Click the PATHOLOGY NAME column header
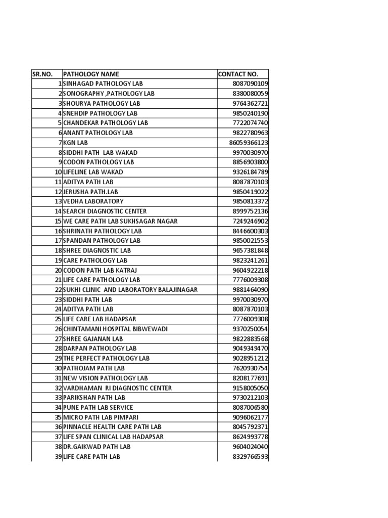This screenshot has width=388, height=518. click(x=91, y=74)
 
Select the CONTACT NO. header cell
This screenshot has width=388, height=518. click(x=238, y=74)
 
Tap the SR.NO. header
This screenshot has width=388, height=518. click(x=42, y=74)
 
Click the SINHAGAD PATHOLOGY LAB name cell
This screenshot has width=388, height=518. click(x=103, y=84)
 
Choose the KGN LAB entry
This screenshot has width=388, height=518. click(x=76, y=143)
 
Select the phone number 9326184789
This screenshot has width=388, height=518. click(x=251, y=172)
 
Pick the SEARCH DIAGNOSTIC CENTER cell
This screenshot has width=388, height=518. click(x=105, y=211)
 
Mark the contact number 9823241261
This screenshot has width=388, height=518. click(x=251, y=261)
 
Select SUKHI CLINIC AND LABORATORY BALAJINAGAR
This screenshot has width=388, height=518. click(x=130, y=290)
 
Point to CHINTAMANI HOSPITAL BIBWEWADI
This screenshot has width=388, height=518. click(x=115, y=329)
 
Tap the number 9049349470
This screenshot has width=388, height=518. click(x=251, y=349)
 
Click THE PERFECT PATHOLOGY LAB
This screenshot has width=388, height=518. click(x=107, y=358)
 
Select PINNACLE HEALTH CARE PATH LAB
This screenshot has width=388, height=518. click(x=112, y=427)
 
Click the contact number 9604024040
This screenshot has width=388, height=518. click(x=251, y=447)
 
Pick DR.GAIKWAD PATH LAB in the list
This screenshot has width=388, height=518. click(x=96, y=447)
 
